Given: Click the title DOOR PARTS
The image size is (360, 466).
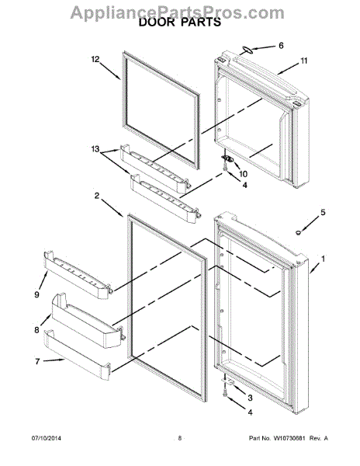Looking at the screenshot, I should (x=179, y=23).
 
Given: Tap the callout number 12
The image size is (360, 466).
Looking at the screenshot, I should (x=96, y=59).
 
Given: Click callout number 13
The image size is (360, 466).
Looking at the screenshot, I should (x=96, y=149).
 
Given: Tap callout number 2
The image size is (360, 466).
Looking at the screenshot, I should (x=98, y=196).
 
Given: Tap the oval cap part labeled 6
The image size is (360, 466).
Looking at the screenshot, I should (x=243, y=49).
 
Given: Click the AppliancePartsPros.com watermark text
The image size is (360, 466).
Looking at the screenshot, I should (x=179, y=9).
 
